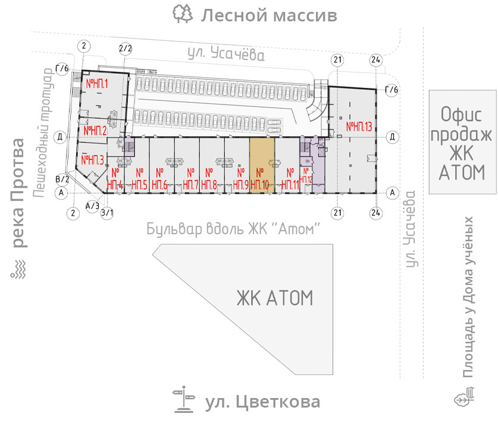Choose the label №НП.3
[93, 159]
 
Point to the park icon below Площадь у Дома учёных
[465, 397]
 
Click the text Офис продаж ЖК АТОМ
[463, 143]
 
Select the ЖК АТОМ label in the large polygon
[274, 297]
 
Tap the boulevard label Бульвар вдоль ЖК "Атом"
[234, 228]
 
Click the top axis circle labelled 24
[375, 60]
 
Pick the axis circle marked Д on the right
[392, 137]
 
